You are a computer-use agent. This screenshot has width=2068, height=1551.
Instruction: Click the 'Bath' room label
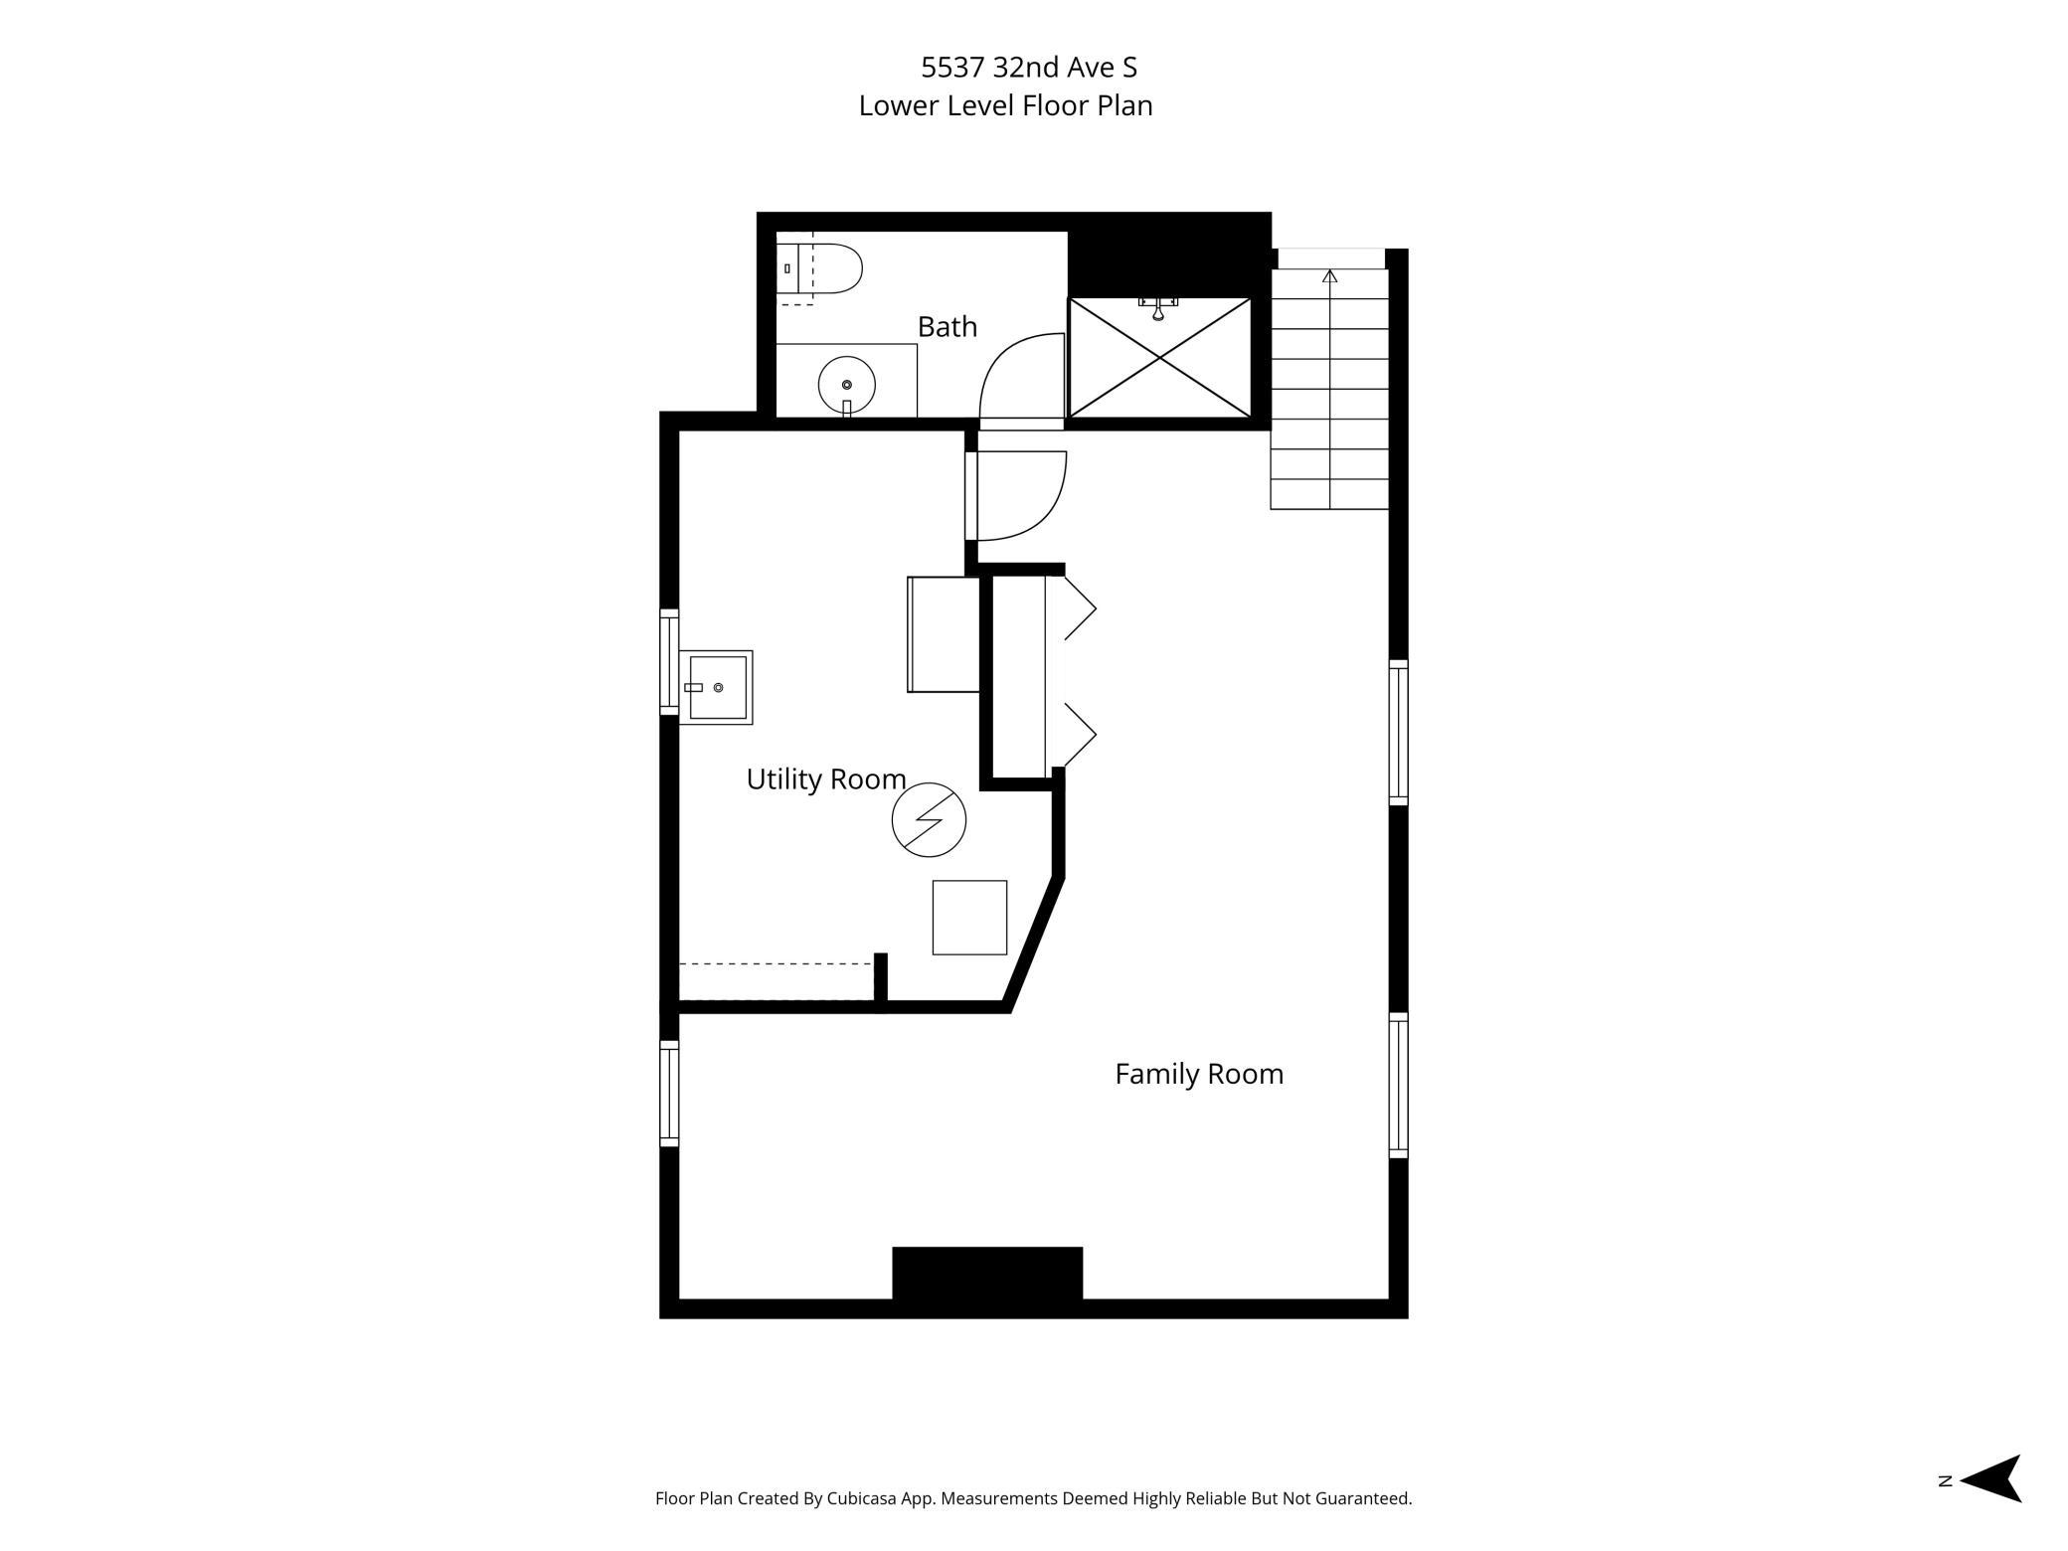click(x=947, y=326)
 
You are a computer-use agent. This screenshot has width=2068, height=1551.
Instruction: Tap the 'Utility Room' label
click(x=826, y=779)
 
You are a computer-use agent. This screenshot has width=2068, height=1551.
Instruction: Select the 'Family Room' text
click(x=1199, y=1074)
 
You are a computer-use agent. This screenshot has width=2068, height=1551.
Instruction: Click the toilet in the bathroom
click(x=818, y=268)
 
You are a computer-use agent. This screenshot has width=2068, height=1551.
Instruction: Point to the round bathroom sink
click(x=846, y=384)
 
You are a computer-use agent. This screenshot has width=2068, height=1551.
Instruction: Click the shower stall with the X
click(x=1159, y=357)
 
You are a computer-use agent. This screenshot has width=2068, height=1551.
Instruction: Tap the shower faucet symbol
click(x=1158, y=307)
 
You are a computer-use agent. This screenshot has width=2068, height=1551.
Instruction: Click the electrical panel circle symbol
click(x=929, y=820)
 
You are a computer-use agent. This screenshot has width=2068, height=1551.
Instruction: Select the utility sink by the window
click(x=716, y=687)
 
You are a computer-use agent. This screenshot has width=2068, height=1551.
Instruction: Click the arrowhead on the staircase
click(x=1330, y=275)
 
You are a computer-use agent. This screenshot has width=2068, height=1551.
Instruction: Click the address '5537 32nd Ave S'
click(x=1029, y=67)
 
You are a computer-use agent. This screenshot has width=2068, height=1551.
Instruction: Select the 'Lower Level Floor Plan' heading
click(x=1005, y=105)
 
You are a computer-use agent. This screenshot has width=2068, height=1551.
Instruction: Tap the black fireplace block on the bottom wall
click(x=987, y=1273)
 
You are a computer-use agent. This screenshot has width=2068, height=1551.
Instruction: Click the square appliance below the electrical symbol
click(x=969, y=918)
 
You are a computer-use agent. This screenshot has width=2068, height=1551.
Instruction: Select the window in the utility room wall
click(x=669, y=661)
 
